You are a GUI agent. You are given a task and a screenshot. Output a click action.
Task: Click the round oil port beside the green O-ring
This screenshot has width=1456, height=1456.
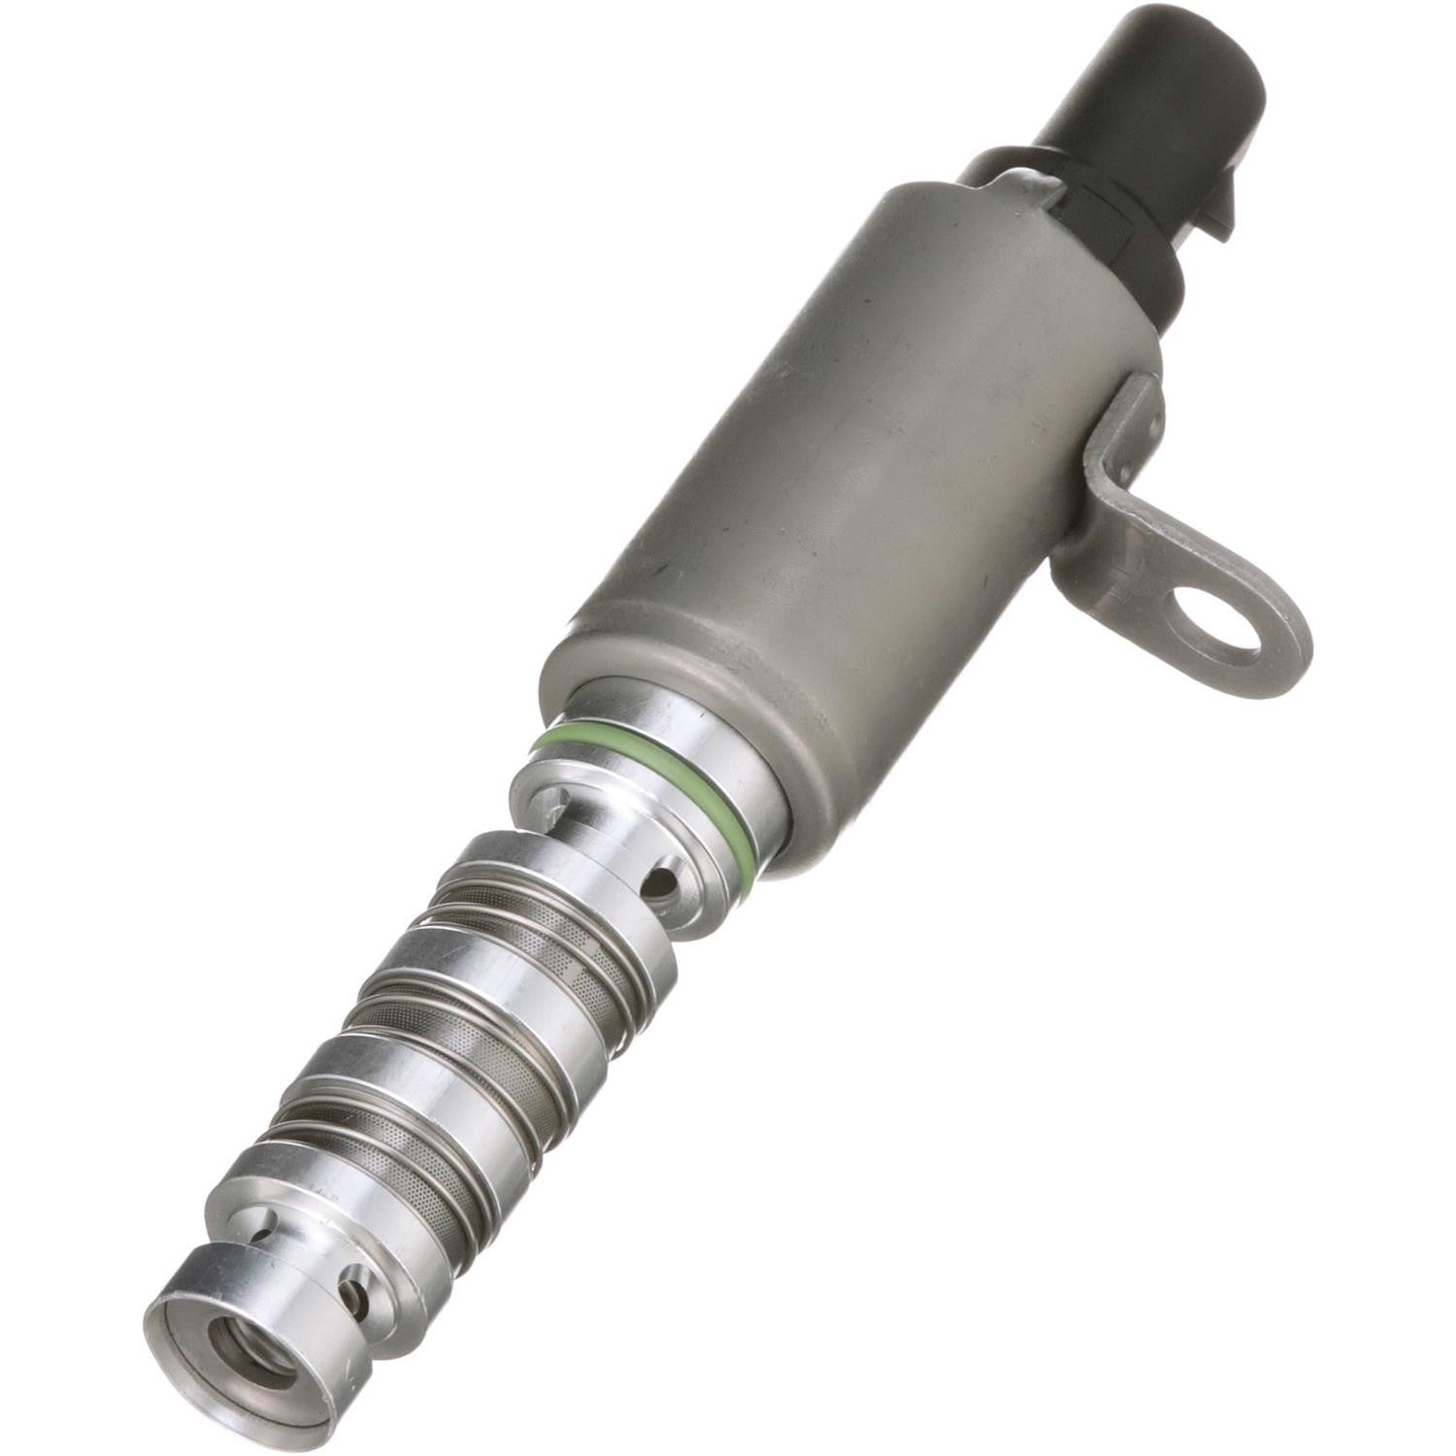click(x=663, y=881)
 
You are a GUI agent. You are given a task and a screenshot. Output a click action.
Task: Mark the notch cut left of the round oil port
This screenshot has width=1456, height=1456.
click(x=553, y=796)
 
